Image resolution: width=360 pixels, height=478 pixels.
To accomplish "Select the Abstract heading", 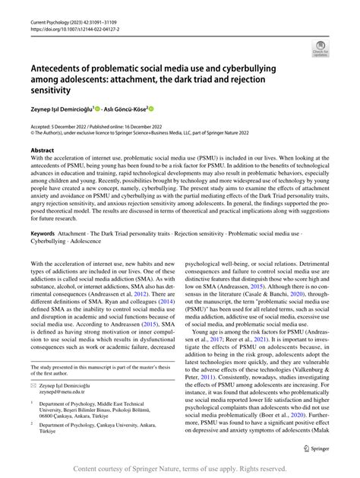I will point(42,152).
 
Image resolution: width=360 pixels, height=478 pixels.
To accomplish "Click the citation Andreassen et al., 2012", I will point(133,293).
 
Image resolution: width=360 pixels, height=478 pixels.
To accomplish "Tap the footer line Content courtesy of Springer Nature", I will point(180,467).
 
